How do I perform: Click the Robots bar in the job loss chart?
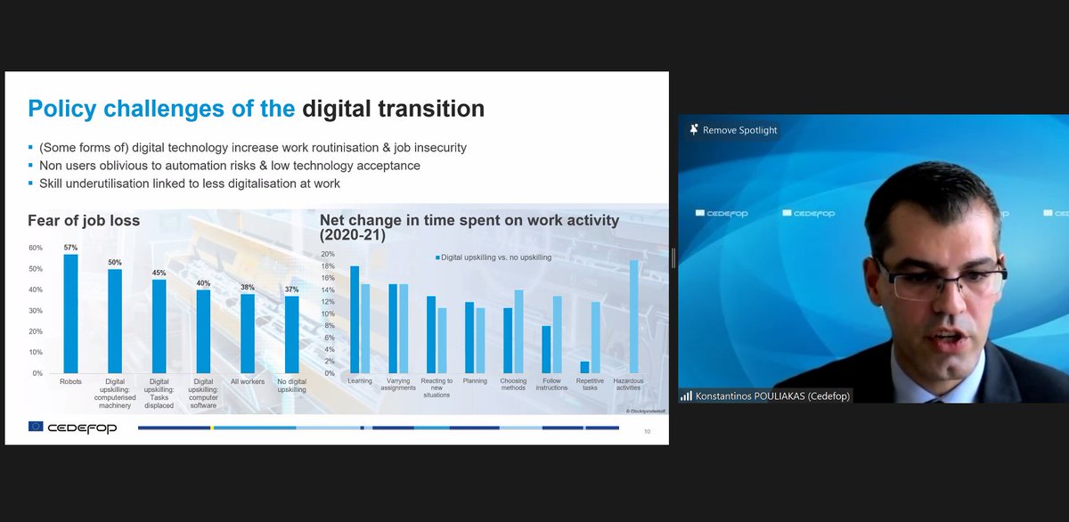(x=70, y=314)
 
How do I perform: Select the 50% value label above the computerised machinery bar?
(x=115, y=263)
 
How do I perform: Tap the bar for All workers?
(x=248, y=333)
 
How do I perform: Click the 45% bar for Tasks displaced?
(x=159, y=326)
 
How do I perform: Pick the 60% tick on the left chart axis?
(x=36, y=249)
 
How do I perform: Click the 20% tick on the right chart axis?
(x=328, y=254)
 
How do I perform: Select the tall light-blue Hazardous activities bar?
(x=634, y=316)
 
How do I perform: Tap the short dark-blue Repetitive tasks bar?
(x=584, y=367)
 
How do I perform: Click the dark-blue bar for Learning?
(x=354, y=319)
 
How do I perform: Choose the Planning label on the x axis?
(x=475, y=381)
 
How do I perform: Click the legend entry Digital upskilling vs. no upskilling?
(x=494, y=257)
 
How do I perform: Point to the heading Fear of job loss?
(x=84, y=220)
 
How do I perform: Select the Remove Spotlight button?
(x=733, y=130)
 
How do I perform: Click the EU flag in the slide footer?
(x=36, y=428)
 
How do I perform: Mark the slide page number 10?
(x=647, y=432)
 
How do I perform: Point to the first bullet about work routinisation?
(x=251, y=147)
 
